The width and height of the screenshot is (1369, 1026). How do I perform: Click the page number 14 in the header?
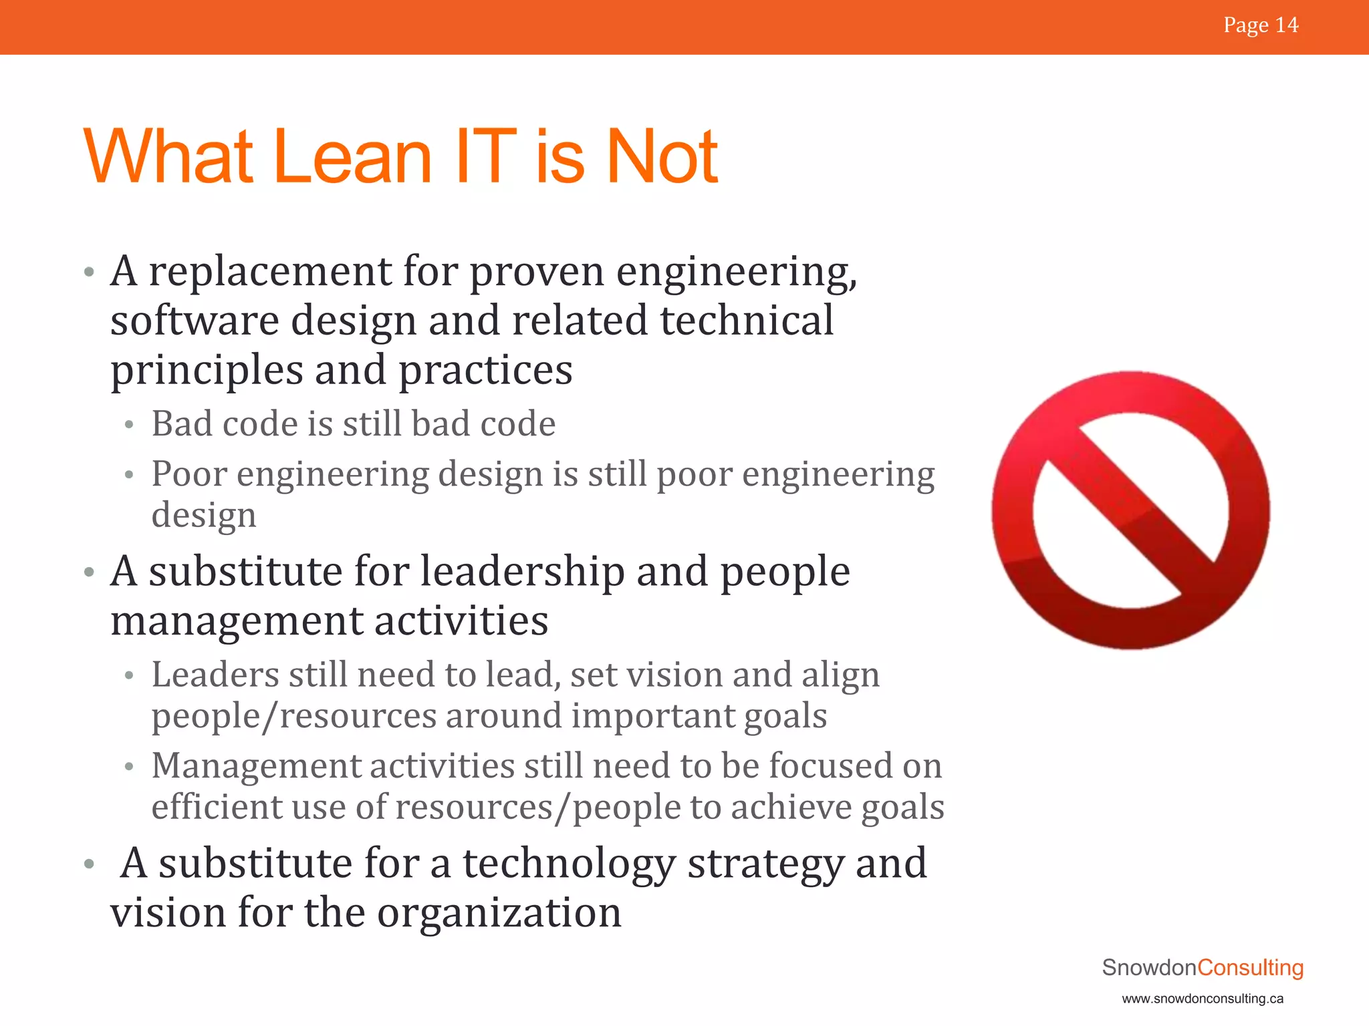coord(1286,25)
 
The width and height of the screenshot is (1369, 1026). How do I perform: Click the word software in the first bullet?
coord(195,321)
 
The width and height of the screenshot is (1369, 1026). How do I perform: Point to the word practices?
coord(485,370)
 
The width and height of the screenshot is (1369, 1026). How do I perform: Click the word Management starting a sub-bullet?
coord(255,765)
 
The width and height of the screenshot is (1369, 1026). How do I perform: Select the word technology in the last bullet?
coord(569,863)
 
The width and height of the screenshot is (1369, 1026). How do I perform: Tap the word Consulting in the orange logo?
coord(1250,967)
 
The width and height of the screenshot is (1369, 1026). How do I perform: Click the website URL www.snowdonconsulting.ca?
coord(1203,999)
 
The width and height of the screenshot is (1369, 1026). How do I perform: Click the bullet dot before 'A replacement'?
coord(90,273)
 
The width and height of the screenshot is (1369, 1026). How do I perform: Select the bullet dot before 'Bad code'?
coord(130,425)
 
